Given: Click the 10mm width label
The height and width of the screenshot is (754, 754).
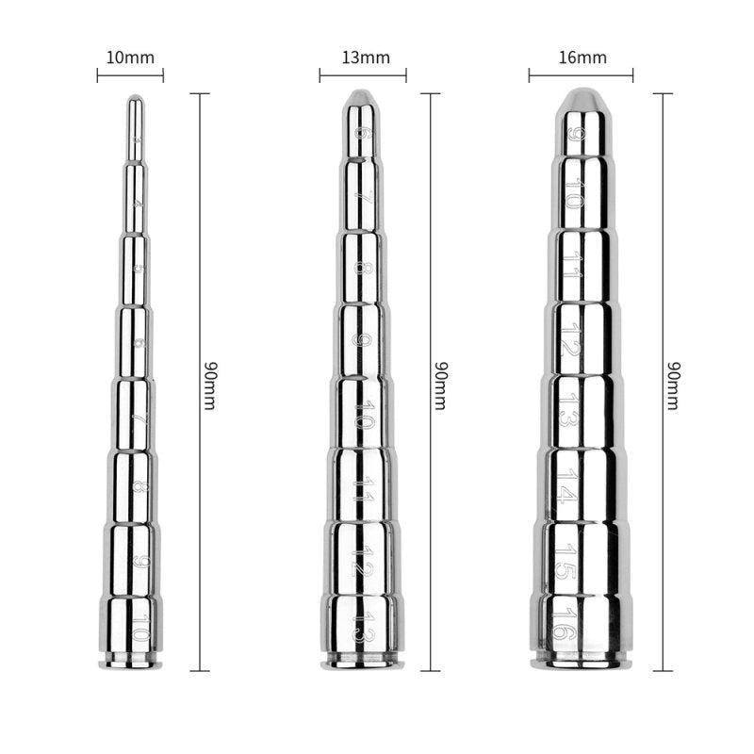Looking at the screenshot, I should (x=130, y=58).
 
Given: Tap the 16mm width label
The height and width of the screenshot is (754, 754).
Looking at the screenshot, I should (x=581, y=58).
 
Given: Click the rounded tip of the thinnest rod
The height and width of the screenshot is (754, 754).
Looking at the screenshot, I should (x=136, y=99).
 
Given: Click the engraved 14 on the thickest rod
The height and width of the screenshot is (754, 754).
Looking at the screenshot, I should (x=564, y=485).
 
